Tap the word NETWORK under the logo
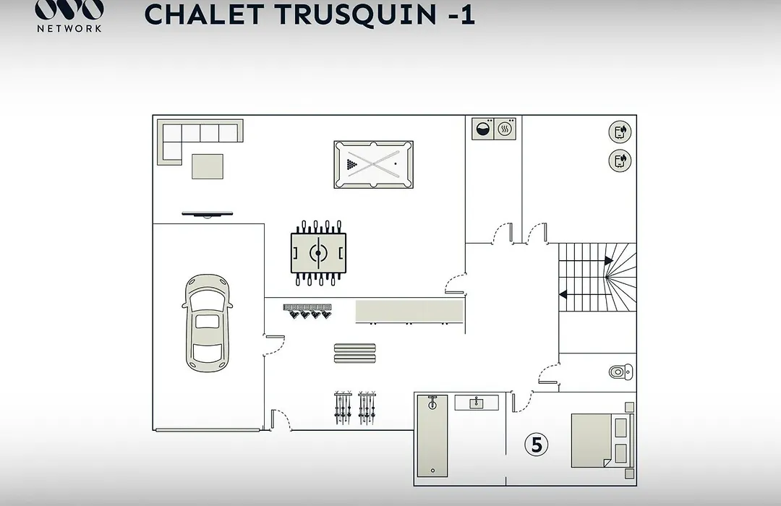click(69, 28)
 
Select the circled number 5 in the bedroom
click(537, 445)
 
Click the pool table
click(374, 164)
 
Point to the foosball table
click(318, 253)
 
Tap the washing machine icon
click(482, 129)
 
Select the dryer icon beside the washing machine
click(505, 129)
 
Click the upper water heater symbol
click(620, 132)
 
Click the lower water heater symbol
click(620, 161)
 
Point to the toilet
click(621, 372)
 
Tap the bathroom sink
click(477, 403)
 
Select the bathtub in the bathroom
click(432, 436)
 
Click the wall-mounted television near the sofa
click(208, 214)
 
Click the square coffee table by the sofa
click(208, 166)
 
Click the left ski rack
click(343, 408)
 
